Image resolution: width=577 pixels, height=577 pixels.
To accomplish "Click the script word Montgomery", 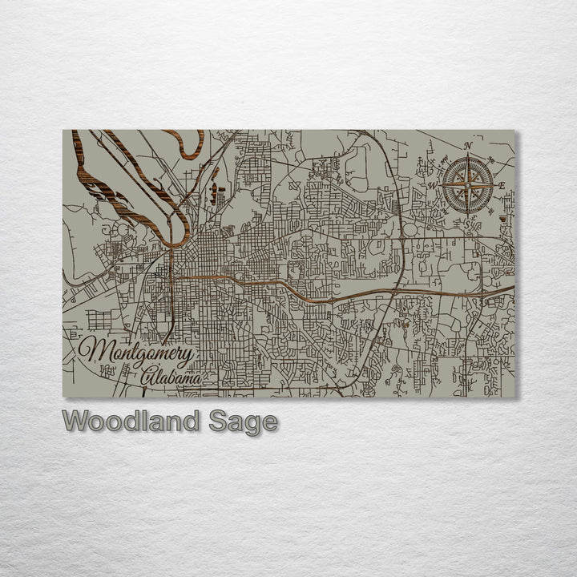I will [136, 353].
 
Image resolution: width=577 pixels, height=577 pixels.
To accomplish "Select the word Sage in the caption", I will [244, 422].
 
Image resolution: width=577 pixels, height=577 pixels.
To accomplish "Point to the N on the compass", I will [469, 146].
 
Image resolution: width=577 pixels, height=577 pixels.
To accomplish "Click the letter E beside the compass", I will [502, 186].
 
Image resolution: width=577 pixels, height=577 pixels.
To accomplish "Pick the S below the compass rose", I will [466, 224].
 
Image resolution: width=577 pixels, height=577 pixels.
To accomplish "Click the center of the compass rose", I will [469, 185].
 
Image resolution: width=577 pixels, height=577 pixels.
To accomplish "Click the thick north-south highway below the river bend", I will [171, 288].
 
